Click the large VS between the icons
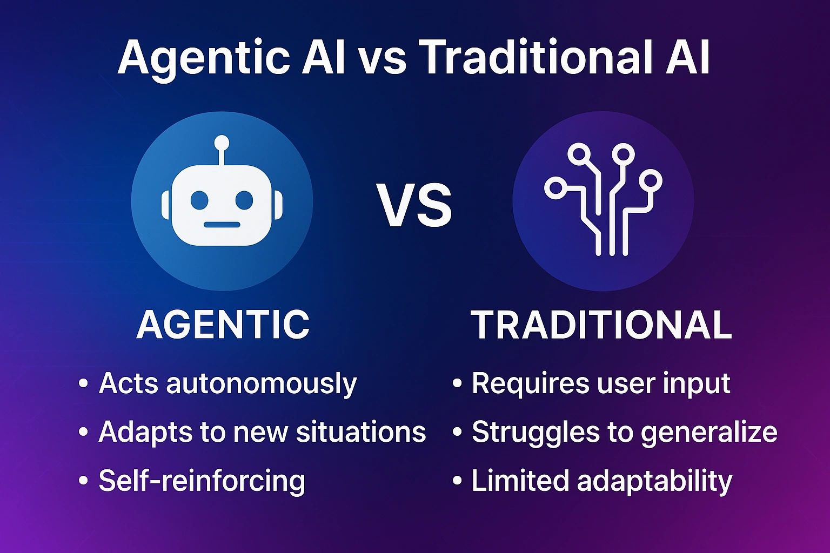tap(414, 206)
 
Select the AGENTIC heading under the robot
tap(223, 325)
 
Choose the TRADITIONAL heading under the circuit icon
tap(601, 325)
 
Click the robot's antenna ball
tap(222, 143)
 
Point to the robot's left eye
tap(199, 200)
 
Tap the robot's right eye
tap(244, 200)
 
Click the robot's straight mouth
tap(222, 224)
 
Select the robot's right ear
tap(278, 204)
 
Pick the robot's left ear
tap(165, 204)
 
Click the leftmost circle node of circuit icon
tap(554, 188)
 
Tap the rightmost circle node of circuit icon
tap(651, 181)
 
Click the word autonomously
tap(262, 384)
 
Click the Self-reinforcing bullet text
tap(202, 481)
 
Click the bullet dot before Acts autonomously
tap(83, 384)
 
